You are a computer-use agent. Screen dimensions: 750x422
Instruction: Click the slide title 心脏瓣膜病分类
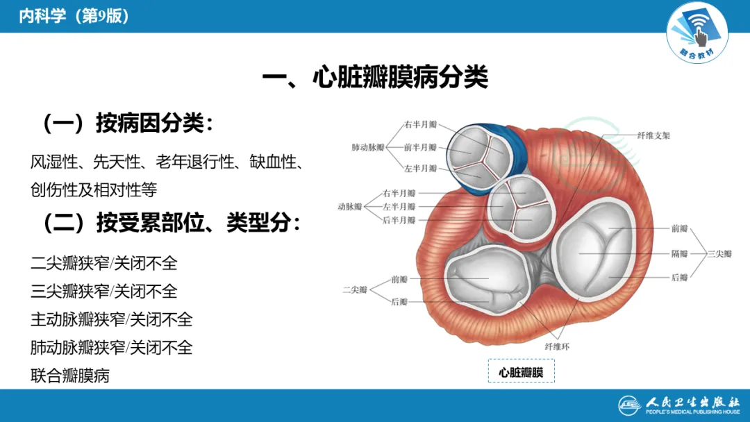375,77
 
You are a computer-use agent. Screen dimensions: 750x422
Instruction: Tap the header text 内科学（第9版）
74,16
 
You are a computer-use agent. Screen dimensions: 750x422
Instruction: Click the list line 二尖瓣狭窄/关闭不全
104,264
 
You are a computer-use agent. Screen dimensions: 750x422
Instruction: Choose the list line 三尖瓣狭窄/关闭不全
104,292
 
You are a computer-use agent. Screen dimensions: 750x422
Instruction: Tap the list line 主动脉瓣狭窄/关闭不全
112,319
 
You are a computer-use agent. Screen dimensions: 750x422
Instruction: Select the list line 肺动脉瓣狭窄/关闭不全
112,347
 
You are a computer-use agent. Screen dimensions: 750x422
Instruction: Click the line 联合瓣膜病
70,375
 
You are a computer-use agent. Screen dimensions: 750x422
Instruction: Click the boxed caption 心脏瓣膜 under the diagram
521,372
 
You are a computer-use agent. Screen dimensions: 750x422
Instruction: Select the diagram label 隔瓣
679,253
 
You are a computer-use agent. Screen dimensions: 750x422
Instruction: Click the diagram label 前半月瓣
421,147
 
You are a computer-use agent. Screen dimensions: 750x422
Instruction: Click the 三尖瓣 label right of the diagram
719,254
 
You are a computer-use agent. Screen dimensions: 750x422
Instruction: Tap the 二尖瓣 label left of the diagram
355,289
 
